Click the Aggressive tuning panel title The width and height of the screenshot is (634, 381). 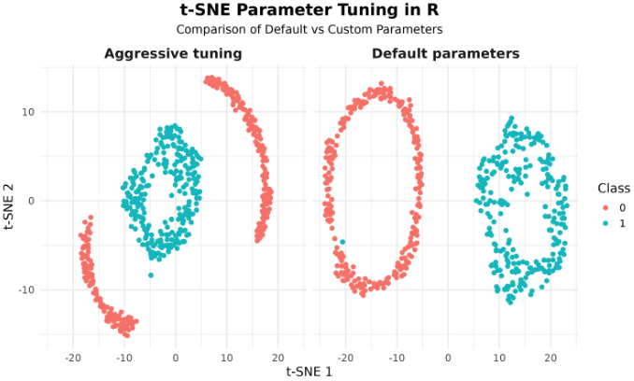click(x=173, y=54)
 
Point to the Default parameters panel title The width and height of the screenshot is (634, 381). click(x=445, y=54)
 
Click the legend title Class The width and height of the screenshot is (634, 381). click(x=613, y=189)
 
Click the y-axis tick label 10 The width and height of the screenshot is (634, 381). click(x=31, y=112)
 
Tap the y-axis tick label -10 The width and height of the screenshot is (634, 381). click(x=29, y=290)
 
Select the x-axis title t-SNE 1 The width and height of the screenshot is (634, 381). click(x=310, y=372)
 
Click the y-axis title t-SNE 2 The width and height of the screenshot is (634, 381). click(x=9, y=201)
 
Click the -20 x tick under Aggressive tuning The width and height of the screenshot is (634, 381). click(x=72, y=357)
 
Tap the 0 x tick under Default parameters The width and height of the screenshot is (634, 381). click(x=448, y=357)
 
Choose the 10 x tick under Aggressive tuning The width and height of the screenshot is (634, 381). click(x=225, y=357)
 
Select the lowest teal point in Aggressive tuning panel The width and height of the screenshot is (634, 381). click(x=151, y=275)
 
